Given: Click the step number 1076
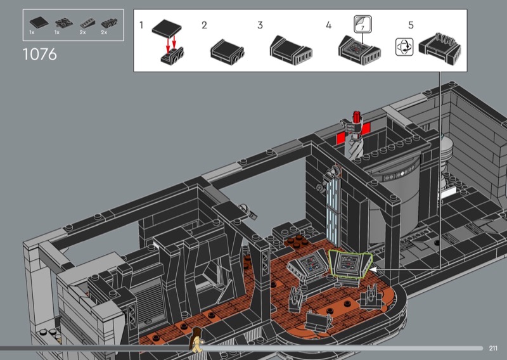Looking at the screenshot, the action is point(39,55).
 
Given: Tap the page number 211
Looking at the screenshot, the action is point(493,348).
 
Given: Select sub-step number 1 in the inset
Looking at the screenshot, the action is point(141,25).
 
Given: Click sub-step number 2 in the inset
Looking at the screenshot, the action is point(204,25).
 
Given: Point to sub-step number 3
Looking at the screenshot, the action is point(260,25).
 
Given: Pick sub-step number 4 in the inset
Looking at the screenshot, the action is point(328,25).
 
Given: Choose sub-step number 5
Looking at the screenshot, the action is point(411,25).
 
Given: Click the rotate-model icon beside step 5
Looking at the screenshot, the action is point(404,47).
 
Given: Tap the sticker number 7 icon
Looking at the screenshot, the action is point(363,24).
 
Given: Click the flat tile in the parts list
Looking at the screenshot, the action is point(39,22).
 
